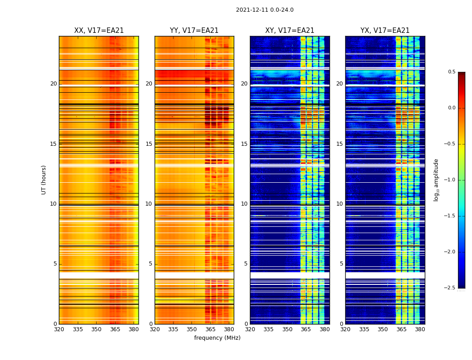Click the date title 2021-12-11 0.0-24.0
click(264, 10)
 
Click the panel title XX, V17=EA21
click(99, 31)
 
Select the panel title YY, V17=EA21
click(194, 31)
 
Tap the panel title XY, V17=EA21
click(289, 31)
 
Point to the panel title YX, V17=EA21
click(385, 31)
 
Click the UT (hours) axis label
click(44, 180)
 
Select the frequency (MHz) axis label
click(217, 338)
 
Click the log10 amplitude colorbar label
click(436, 180)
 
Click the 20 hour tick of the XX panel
click(53, 84)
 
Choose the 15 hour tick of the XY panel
click(245, 144)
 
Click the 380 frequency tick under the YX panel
click(420, 329)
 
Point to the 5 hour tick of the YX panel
click(342, 264)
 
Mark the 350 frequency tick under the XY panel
click(287, 329)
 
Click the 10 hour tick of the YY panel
click(149, 204)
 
